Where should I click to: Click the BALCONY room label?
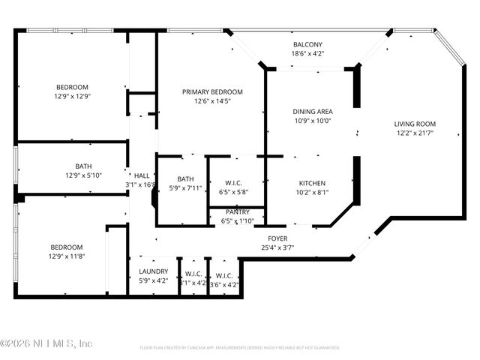coord(307,44)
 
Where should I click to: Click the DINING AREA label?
coord(311,111)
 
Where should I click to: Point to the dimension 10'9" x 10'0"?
coord(311,120)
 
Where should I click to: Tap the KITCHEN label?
coord(311,182)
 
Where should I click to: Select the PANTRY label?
coord(236,212)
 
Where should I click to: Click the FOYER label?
coord(277,238)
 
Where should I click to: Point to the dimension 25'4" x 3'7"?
coord(277,247)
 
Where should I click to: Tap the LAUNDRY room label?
coord(153,271)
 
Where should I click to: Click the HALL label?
coord(142,175)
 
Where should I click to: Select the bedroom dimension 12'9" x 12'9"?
coord(71,96)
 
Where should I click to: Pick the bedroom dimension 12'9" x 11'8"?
coord(67,256)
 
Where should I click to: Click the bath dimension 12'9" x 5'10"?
coord(83,175)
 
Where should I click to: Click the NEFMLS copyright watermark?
coord(46,343)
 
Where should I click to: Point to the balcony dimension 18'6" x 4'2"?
coord(307,53)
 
